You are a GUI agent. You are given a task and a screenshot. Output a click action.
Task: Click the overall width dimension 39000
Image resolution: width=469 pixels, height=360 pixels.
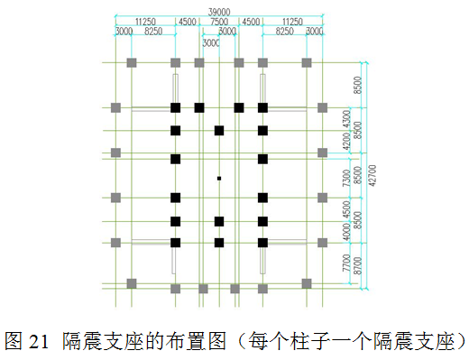[219, 10]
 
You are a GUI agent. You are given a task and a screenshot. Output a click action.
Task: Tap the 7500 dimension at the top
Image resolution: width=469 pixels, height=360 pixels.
[219, 21]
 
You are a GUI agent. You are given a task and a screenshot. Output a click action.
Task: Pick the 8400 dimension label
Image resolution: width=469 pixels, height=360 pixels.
[358, 220]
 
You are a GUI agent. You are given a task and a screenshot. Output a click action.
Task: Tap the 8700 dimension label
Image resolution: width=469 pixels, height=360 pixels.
[358, 265]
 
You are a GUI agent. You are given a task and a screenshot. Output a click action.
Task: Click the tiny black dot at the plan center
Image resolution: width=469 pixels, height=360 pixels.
[219, 179]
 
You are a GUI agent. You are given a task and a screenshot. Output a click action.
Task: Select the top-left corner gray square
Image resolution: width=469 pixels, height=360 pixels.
[132, 62]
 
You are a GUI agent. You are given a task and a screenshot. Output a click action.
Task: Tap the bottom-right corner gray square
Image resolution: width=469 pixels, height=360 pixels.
[307, 282]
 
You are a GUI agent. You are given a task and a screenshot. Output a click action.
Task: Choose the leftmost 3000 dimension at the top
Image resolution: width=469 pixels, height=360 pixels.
[124, 31]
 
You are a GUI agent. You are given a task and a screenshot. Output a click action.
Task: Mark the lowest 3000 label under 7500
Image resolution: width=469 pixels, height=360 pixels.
[211, 42]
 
